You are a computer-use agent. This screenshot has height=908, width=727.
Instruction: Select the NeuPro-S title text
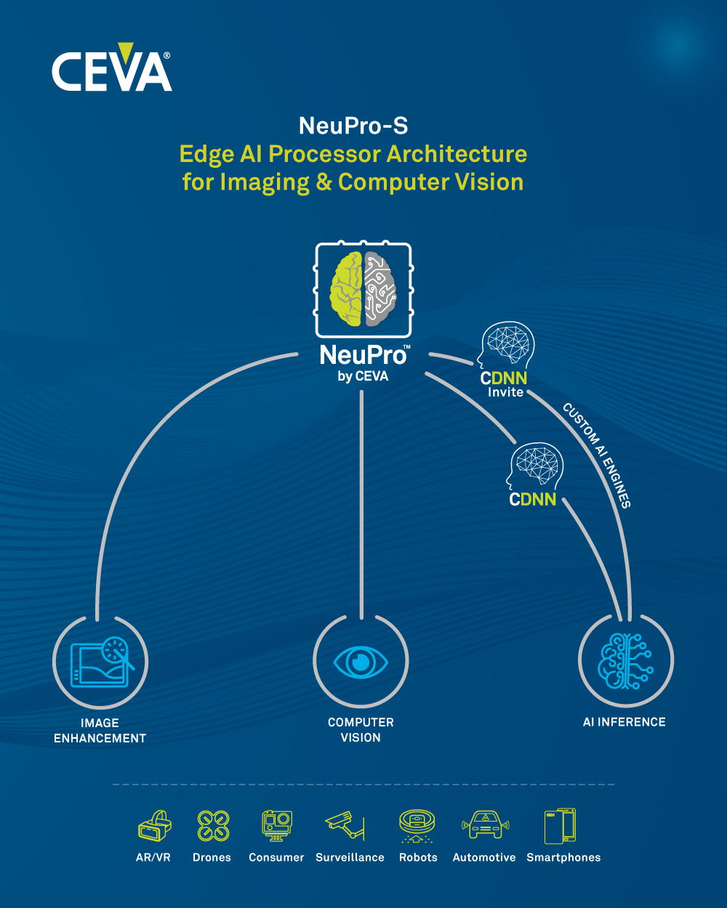pyautogui.click(x=353, y=126)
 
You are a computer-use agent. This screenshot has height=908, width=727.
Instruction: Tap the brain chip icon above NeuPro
pyautogui.click(x=363, y=290)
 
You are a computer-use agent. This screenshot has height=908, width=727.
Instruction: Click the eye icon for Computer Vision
pyautogui.click(x=361, y=662)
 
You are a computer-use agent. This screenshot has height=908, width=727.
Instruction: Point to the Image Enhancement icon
pyautogui.click(x=100, y=662)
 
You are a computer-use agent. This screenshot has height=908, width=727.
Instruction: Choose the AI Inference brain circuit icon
pyautogui.click(x=625, y=662)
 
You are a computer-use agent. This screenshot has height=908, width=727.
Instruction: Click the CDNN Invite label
pyautogui.click(x=504, y=385)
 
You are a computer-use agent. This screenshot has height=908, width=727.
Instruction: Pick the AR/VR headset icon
pyautogui.click(x=154, y=827)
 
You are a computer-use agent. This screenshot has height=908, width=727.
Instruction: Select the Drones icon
pyautogui.click(x=213, y=827)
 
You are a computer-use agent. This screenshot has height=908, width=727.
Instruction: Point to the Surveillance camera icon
pyautogui.click(x=345, y=825)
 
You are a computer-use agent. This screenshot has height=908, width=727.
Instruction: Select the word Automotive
pyautogui.click(x=484, y=858)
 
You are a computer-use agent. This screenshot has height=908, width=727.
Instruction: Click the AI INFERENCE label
pyautogui.click(x=624, y=722)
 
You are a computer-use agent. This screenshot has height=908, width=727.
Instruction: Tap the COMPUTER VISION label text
pyautogui.click(x=361, y=730)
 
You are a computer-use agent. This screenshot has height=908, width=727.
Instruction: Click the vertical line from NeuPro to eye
pyautogui.click(x=361, y=501)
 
